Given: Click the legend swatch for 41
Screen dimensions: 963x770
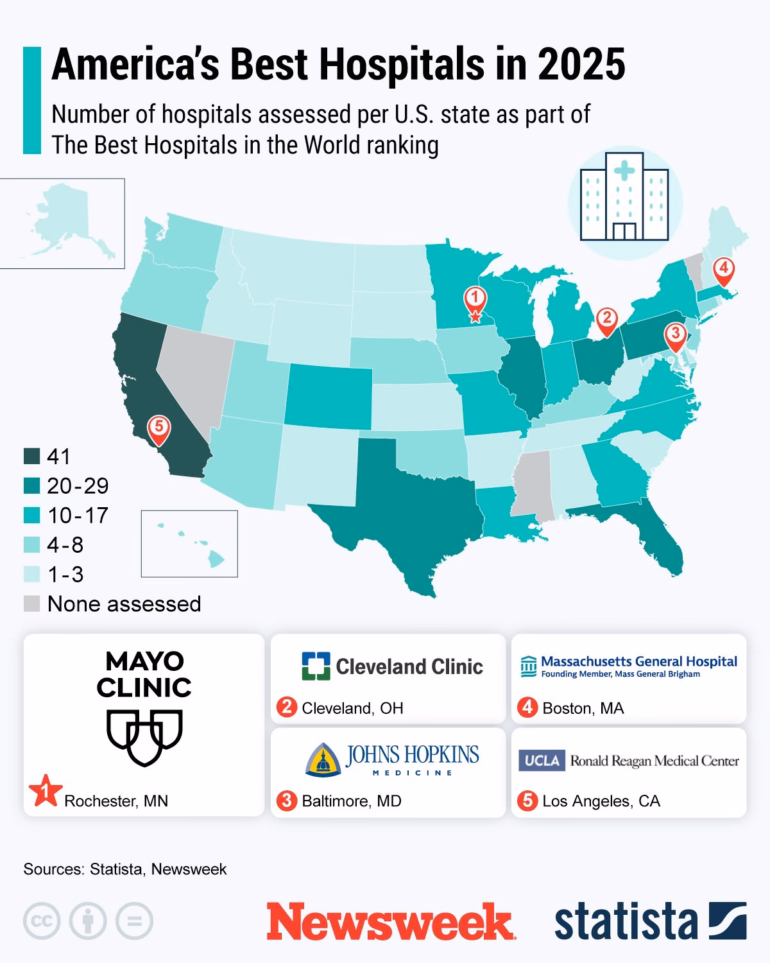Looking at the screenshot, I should click(32, 456).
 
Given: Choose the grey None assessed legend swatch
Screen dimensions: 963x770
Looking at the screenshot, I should click(32, 603).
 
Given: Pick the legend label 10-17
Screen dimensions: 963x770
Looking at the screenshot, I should click(78, 516).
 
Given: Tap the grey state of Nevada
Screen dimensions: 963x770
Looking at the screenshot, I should click(193, 372).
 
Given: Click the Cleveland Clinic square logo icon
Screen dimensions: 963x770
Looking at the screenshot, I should click(316, 666).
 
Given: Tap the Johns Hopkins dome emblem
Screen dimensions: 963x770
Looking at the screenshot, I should click(323, 759).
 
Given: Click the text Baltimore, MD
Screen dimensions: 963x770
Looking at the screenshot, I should click(351, 801).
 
